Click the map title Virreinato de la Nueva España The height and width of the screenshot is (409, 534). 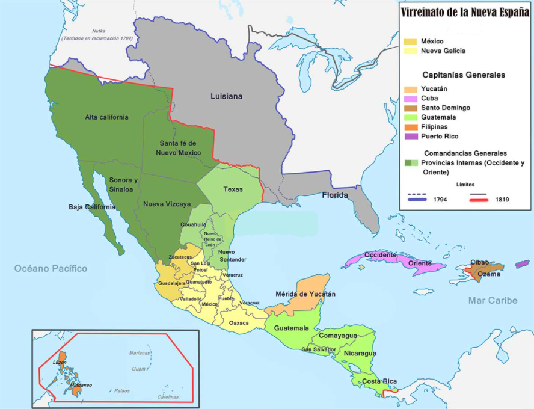pyautogui.click(x=465, y=12)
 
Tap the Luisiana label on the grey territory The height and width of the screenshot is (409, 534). pyautogui.click(x=226, y=96)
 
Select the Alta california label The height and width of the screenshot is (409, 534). pyautogui.click(x=106, y=117)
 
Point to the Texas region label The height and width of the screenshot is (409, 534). pyautogui.click(x=233, y=189)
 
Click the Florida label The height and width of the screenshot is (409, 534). pyautogui.click(x=336, y=195)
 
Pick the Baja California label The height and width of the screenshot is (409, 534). pyautogui.click(x=92, y=207)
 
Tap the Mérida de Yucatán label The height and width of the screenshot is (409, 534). pyautogui.click(x=305, y=294)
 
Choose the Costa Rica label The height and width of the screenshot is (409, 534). pyautogui.click(x=379, y=381)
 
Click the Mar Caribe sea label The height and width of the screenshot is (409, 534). pyautogui.click(x=493, y=300)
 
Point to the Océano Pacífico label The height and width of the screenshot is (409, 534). pyautogui.click(x=51, y=268)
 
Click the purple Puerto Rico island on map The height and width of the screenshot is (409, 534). pyautogui.click(x=522, y=265)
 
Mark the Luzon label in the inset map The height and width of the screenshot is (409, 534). pyautogui.click(x=60, y=363)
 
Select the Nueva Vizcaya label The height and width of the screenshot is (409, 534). pyautogui.click(x=162, y=204)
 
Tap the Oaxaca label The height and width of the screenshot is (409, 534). pyautogui.click(x=239, y=323)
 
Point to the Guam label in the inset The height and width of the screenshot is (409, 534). pyautogui.click(x=139, y=369)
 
